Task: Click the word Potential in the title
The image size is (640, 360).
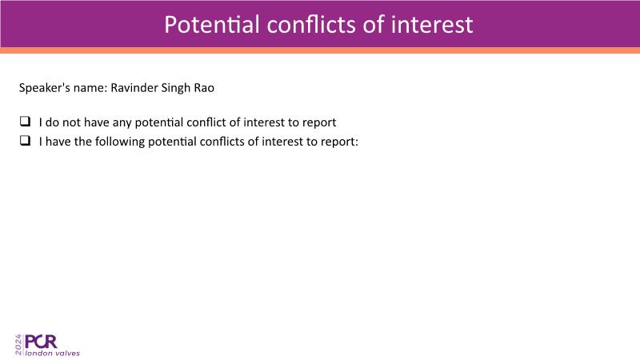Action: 212,25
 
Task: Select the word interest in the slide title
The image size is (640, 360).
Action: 432,25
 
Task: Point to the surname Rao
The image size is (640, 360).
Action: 204,88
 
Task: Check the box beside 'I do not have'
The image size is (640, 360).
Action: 25,122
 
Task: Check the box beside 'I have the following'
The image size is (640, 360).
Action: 25,141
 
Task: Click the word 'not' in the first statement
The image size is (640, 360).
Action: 71,122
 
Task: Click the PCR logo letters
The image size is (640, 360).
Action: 41,342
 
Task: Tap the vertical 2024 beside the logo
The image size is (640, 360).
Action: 18,345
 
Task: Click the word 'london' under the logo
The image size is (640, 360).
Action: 38,353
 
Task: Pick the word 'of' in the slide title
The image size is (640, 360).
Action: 374,25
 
